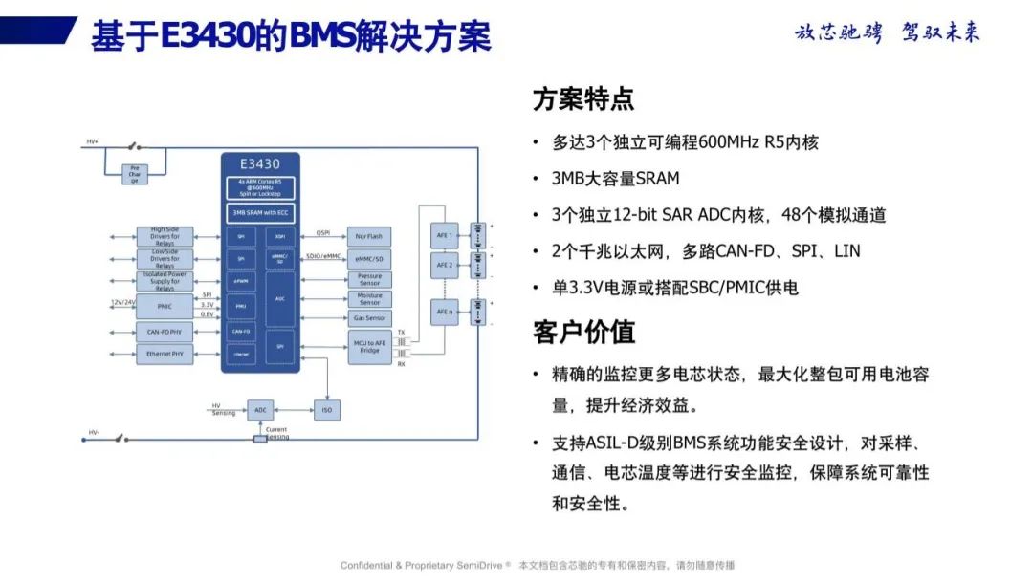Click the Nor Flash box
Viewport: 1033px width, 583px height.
(x=369, y=235)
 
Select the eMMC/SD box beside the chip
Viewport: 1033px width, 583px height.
(x=369, y=258)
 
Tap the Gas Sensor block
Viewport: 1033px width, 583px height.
(x=369, y=318)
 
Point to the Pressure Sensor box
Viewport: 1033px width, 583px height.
(x=369, y=279)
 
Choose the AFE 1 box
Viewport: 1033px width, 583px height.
(x=445, y=235)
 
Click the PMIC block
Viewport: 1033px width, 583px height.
(x=164, y=306)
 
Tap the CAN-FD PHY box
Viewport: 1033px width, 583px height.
(x=164, y=332)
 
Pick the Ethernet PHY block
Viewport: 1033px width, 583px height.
(x=164, y=354)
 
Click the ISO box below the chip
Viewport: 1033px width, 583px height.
(x=326, y=410)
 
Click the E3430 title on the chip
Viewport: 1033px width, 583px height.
(x=259, y=163)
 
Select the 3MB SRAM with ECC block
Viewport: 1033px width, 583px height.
(x=260, y=213)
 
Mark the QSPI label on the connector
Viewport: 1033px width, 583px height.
(x=322, y=231)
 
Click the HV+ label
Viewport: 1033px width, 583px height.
(x=93, y=141)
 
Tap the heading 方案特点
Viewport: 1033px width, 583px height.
(x=583, y=99)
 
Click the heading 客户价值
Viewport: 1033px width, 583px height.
(x=583, y=332)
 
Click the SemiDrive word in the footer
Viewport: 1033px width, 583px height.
(x=483, y=566)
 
